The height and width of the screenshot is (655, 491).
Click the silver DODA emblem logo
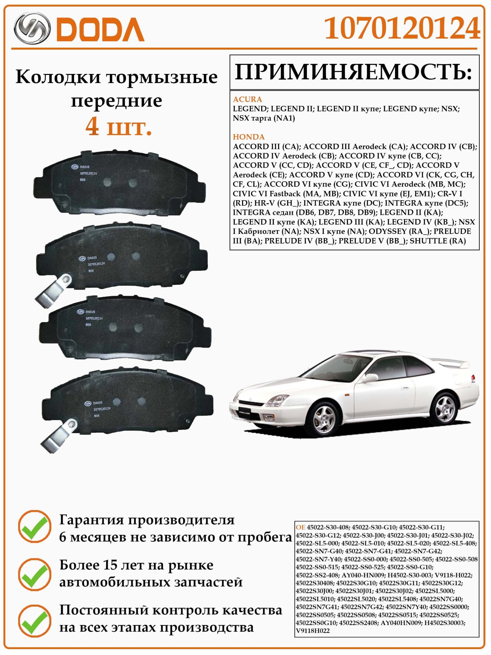coord(32,29)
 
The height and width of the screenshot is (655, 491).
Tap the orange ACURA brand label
coord(248,99)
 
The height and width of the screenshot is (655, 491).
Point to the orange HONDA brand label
coord(249,137)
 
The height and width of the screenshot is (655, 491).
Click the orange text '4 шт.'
coord(118,127)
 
